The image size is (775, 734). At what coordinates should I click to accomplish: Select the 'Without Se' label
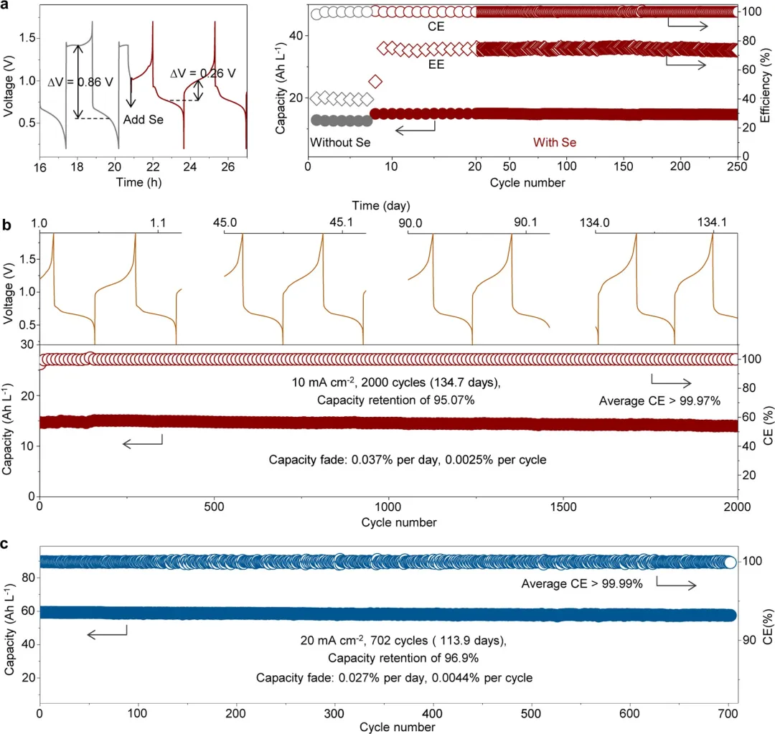[340, 143]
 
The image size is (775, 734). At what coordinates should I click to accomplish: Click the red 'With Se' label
[555, 143]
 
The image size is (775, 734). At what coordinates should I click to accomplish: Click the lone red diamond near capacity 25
[375, 81]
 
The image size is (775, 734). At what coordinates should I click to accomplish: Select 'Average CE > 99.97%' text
[659, 400]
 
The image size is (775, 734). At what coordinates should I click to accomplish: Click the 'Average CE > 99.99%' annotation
[581, 585]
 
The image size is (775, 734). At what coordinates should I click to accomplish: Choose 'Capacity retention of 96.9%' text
[389, 657]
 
